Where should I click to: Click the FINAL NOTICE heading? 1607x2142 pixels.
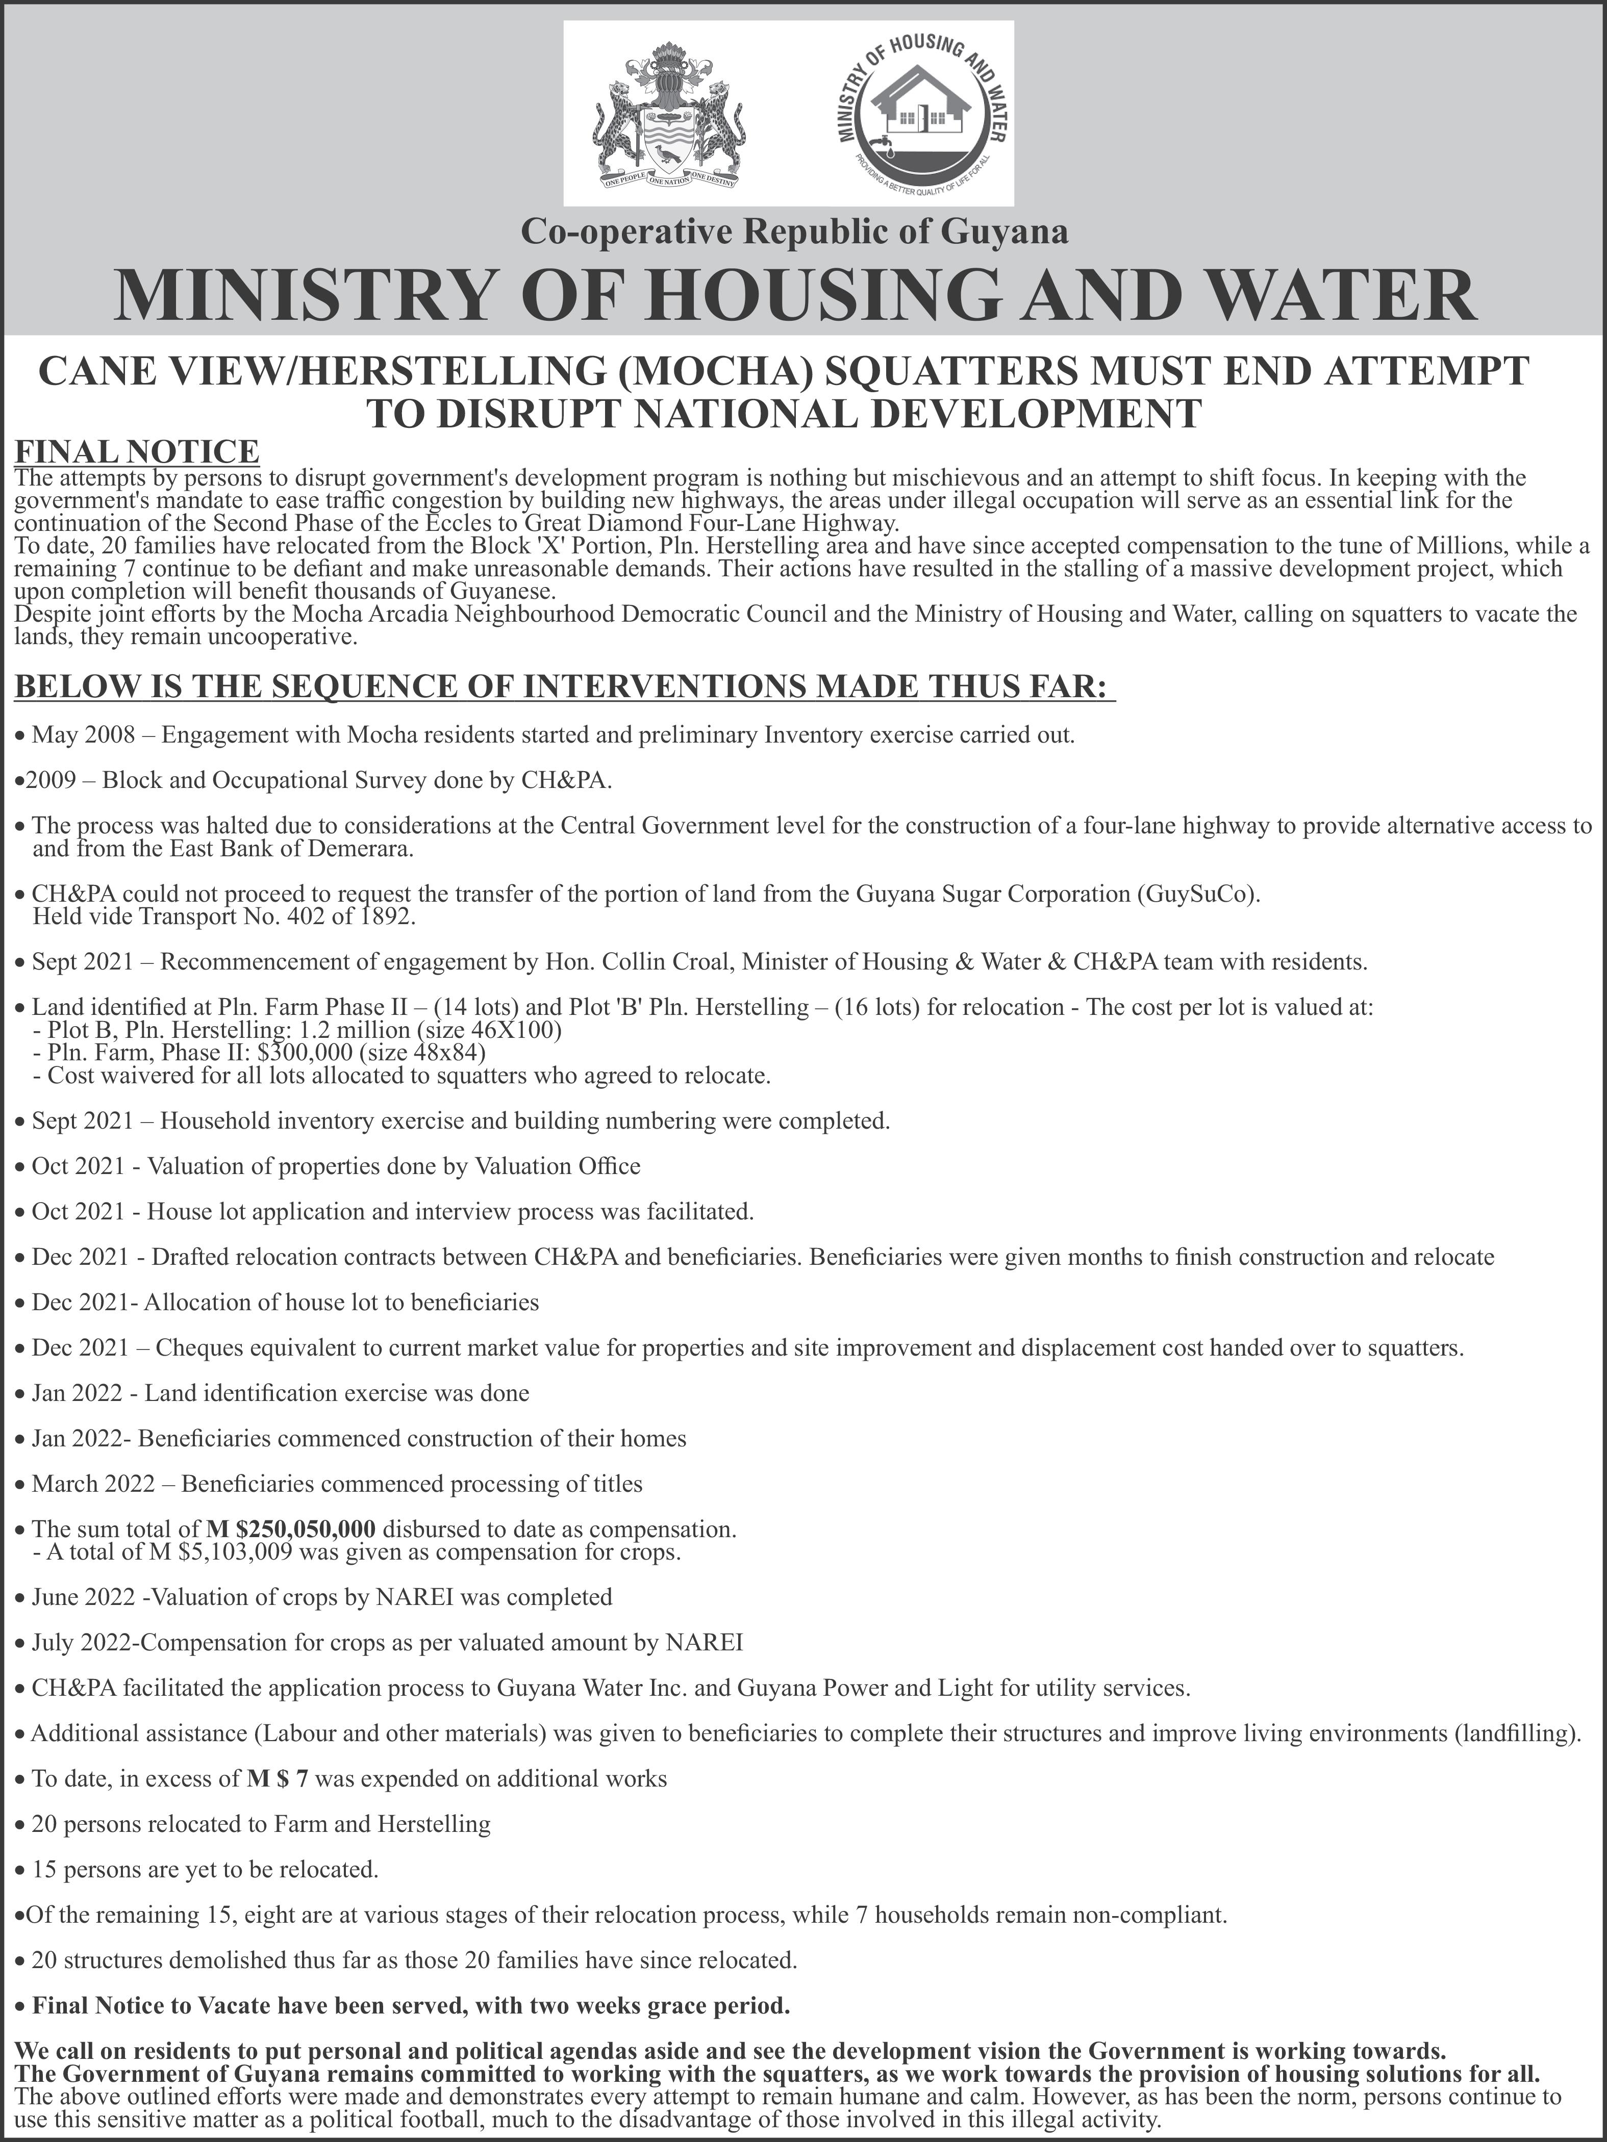(x=137, y=451)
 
